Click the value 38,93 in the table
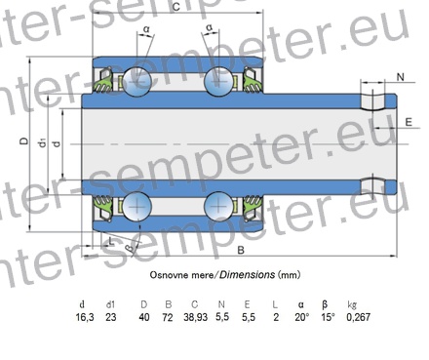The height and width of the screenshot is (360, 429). (195, 317)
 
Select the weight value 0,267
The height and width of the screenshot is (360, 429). (358, 317)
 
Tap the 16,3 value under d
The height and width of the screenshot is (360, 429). (85, 317)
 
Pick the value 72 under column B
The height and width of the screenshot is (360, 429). (168, 317)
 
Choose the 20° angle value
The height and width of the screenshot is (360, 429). (302, 317)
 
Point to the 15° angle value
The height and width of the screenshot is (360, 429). (328, 317)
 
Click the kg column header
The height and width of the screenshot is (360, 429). (352, 304)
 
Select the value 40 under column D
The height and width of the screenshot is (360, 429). (144, 317)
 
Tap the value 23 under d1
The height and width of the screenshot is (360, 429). (111, 317)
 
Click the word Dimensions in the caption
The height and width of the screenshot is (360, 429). (247, 275)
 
